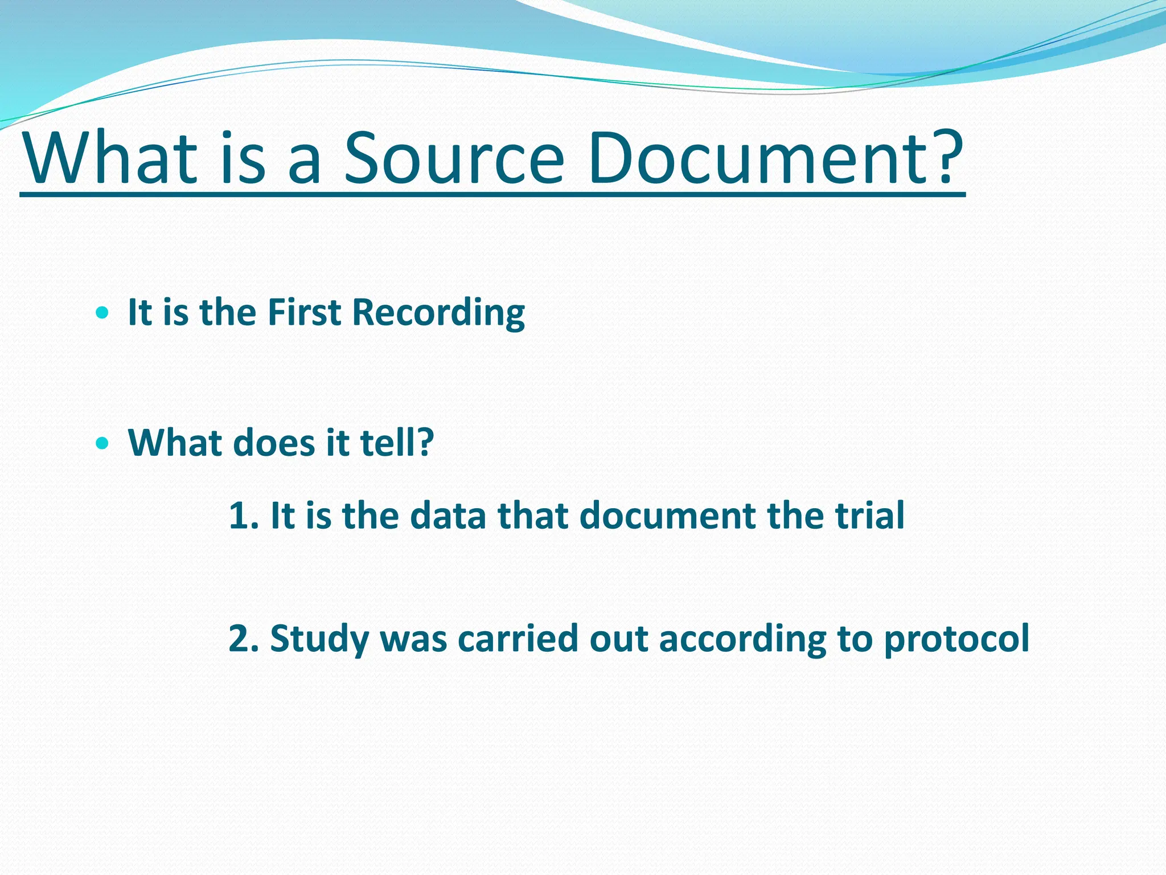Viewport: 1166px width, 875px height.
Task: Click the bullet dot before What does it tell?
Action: point(102,443)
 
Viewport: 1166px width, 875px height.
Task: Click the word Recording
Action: point(438,313)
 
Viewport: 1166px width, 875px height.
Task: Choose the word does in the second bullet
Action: point(274,443)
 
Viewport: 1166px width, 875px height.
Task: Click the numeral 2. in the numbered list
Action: point(243,638)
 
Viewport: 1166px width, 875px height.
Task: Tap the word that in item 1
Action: point(533,516)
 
